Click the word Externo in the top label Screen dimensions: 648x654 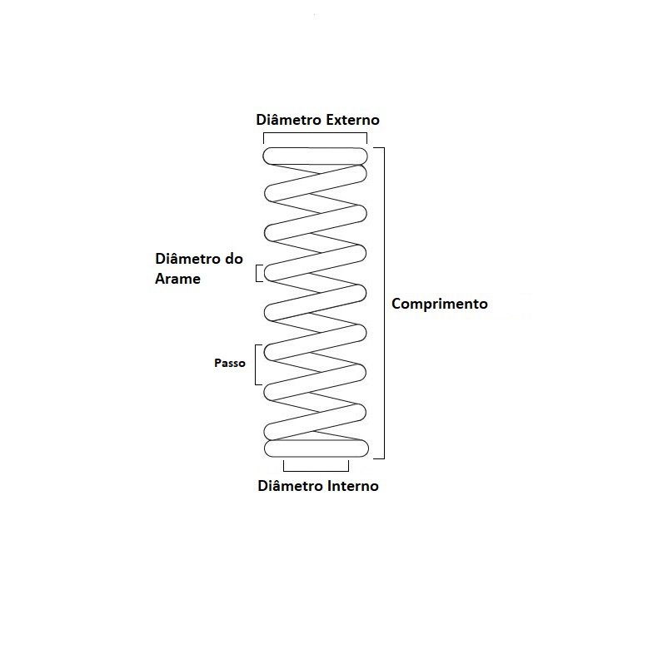coord(352,120)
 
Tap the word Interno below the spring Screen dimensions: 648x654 coord(353,486)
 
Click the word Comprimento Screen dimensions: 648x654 coord(440,304)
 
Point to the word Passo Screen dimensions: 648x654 coord(230,363)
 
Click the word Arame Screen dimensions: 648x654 coord(178,279)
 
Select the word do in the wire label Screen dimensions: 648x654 coord(234,259)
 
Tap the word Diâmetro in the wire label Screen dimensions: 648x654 coord(188,259)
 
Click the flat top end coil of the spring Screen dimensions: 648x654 coord(315,156)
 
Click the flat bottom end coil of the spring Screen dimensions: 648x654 coord(316,448)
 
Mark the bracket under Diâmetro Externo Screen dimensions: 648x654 coord(315,133)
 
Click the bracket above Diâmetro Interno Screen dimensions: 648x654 coord(316,471)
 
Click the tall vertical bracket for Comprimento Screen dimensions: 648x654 coord(384,303)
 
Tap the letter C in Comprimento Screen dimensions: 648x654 coord(396,304)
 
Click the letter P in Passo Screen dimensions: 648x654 coord(218,363)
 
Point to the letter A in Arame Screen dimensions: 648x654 coord(160,279)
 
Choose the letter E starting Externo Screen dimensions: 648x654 coord(330,120)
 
